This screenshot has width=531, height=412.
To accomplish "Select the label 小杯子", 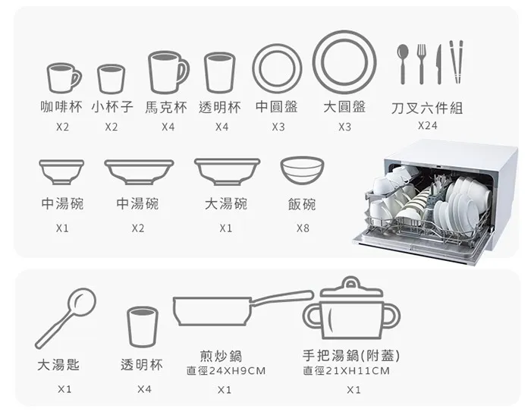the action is tap(112, 107).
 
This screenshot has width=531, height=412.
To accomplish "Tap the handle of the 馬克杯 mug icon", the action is tap(182, 72).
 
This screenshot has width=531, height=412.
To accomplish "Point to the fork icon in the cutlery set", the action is tap(421, 64).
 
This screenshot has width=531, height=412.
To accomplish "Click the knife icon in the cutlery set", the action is tap(439, 64).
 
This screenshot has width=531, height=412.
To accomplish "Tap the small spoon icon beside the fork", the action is tap(403, 64).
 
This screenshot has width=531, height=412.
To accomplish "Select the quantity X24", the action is tap(427, 126).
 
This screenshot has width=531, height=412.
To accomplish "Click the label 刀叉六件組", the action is tap(426, 108).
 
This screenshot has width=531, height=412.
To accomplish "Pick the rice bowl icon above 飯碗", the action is tap(302, 170).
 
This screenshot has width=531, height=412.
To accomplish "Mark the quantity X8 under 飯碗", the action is tap(303, 228).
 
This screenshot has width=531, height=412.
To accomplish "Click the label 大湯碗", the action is tap(226, 204).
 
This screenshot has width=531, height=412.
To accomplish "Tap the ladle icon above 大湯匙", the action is tap(66, 318).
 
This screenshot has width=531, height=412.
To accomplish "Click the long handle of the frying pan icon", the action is tap(281, 297).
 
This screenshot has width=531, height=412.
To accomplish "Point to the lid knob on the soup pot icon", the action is tap(350, 282).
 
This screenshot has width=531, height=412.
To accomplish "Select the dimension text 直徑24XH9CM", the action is tap(226, 371).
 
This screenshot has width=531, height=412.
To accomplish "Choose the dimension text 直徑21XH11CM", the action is tap(346, 371).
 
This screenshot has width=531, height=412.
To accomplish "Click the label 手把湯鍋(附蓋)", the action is tap(351, 356).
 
